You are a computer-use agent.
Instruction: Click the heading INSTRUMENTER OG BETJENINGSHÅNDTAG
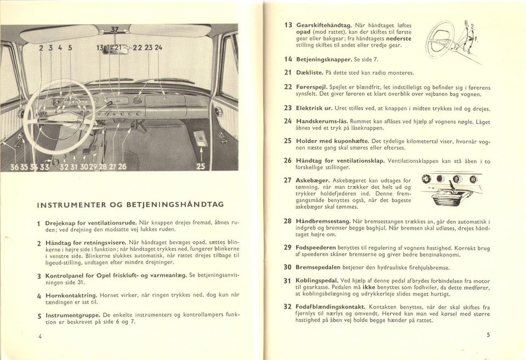coord(130,204)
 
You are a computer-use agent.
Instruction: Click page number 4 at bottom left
coord(40,336)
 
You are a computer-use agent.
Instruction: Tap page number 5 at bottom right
coord(488,335)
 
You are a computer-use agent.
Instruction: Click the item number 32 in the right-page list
coord(287,306)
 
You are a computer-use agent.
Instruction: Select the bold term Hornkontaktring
coord(71,295)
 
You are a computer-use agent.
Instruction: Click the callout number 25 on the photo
coord(201,167)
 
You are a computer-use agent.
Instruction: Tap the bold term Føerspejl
coord(313,87)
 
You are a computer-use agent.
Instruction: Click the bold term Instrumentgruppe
coord(73,316)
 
